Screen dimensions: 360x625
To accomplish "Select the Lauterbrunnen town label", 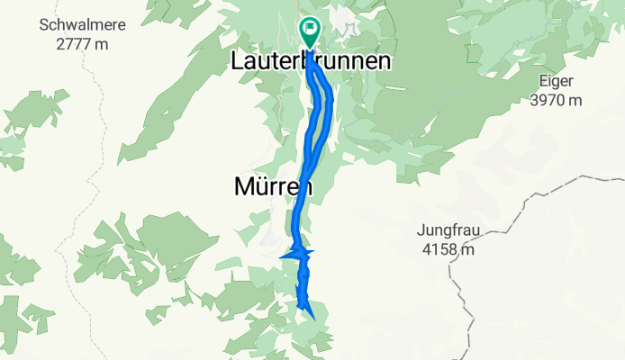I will (311, 62).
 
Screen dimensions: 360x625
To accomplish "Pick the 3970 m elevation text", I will (555, 101).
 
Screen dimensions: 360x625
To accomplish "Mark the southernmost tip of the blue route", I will (312, 317).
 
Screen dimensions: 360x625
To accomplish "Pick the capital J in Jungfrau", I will (421, 229).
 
